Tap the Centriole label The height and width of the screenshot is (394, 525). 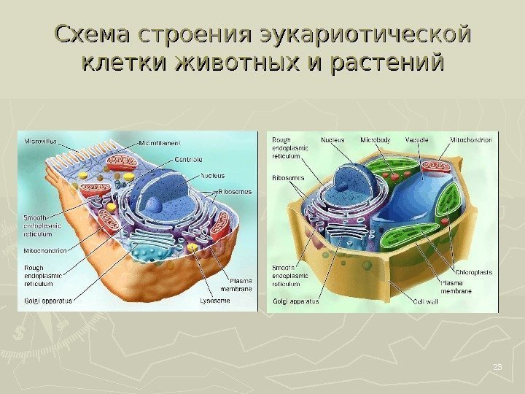coord(187,159)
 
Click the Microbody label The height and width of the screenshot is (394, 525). coord(375,139)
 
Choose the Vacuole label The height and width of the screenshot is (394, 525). coord(417,139)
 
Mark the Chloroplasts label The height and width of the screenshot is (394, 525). coord(474,272)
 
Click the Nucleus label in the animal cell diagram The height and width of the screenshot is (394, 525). coord(212,175)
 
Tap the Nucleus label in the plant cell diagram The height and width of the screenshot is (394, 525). coord(332,139)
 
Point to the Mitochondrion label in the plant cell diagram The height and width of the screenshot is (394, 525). coord(471,139)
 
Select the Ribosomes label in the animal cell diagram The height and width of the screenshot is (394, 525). coord(236,191)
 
